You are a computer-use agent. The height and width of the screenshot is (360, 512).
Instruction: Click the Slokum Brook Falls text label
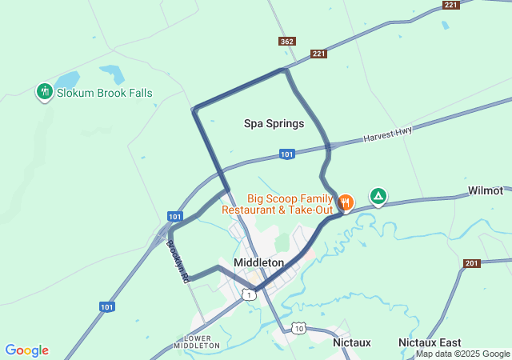pyautogui.click(x=104, y=93)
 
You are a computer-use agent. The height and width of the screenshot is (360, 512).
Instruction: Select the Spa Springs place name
pyautogui.click(x=274, y=124)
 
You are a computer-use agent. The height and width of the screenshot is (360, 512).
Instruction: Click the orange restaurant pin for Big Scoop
pyautogui.click(x=346, y=202)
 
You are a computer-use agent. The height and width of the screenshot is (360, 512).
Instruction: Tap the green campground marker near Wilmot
pyautogui.click(x=378, y=195)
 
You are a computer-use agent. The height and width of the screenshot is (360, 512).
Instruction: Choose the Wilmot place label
pyautogui.click(x=486, y=191)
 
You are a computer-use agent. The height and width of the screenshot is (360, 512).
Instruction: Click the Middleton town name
pyautogui.click(x=258, y=262)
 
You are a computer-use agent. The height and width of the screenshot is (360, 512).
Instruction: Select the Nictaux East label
pyautogui.click(x=430, y=342)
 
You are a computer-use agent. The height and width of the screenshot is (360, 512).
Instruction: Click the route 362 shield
pyautogui.click(x=286, y=41)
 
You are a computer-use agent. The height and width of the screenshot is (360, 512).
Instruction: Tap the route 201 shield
pyautogui.click(x=470, y=263)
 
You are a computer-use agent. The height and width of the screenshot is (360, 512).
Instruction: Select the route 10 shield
pyautogui.click(x=298, y=328)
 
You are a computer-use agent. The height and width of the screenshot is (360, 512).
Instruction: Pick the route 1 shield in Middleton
pyautogui.click(x=250, y=295)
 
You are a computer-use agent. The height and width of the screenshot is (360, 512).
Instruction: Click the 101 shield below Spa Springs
pyautogui.click(x=287, y=154)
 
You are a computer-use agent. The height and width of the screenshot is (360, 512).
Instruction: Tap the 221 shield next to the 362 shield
pyautogui.click(x=319, y=54)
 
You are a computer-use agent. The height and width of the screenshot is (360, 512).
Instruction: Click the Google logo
pyautogui.click(x=26, y=350)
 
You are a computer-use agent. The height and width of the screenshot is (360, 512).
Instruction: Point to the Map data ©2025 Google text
pyautogui.click(x=462, y=354)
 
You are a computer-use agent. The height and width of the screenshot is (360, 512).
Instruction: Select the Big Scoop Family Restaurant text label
pyautogui.click(x=277, y=204)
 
